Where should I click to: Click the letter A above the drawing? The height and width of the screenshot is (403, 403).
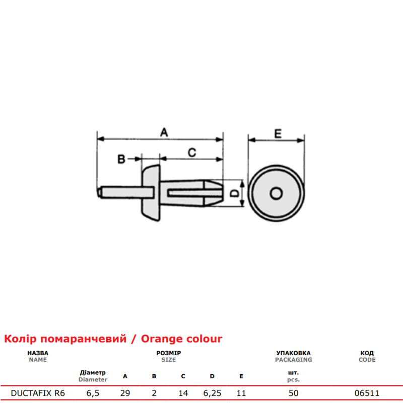(164, 132)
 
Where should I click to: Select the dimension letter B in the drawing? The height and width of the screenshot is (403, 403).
(121, 159)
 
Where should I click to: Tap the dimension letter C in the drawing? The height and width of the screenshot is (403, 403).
(192, 153)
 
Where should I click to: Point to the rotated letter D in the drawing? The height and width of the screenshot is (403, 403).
(234, 193)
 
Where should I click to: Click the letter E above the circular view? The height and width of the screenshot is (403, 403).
(278, 133)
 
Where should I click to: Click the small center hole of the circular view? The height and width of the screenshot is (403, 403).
(276, 193)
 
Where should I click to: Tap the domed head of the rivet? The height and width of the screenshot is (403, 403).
(151, 193)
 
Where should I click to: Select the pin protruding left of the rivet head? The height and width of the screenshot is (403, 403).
(126, 192)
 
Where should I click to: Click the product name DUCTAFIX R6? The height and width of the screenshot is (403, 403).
(38, 393)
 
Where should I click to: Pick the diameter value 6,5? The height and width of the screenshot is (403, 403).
(93, 393)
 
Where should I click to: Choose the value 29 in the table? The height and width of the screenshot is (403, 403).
(125, 393)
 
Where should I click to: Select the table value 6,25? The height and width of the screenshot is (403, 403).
(212, 393)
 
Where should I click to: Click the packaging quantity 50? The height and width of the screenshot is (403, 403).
(294, 393)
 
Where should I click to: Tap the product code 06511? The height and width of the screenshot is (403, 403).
(367, 393)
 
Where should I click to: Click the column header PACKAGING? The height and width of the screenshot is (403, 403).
(294, 360)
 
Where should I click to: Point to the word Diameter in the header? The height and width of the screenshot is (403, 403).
(93, 379)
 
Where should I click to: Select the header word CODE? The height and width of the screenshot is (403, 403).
(367, 360)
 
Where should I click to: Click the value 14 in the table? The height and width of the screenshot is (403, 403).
(183, 393)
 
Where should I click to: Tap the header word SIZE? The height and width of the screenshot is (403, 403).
(169, 360)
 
